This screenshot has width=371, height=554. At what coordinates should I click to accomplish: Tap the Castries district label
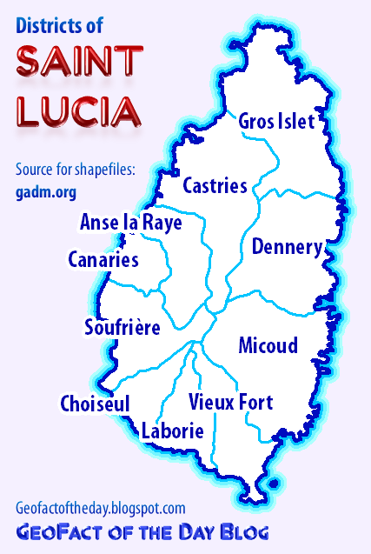(215, 185)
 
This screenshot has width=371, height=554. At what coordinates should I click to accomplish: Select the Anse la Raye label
(130, 223)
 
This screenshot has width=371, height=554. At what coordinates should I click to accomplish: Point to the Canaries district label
(103, 259)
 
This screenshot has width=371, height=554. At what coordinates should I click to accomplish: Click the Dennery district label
(287, 247)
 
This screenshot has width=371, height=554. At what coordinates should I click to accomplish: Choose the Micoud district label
(268, 345)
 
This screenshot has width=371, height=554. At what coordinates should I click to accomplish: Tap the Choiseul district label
(95, 404)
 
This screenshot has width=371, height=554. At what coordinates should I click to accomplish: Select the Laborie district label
(172, 431)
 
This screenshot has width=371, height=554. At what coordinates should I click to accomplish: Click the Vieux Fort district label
(230, 403)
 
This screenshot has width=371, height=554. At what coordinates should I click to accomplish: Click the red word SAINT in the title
(79, 62)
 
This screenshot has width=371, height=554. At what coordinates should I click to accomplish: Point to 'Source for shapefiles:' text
(76, 169)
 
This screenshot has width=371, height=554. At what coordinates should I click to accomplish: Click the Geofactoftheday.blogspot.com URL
(100, 507)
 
